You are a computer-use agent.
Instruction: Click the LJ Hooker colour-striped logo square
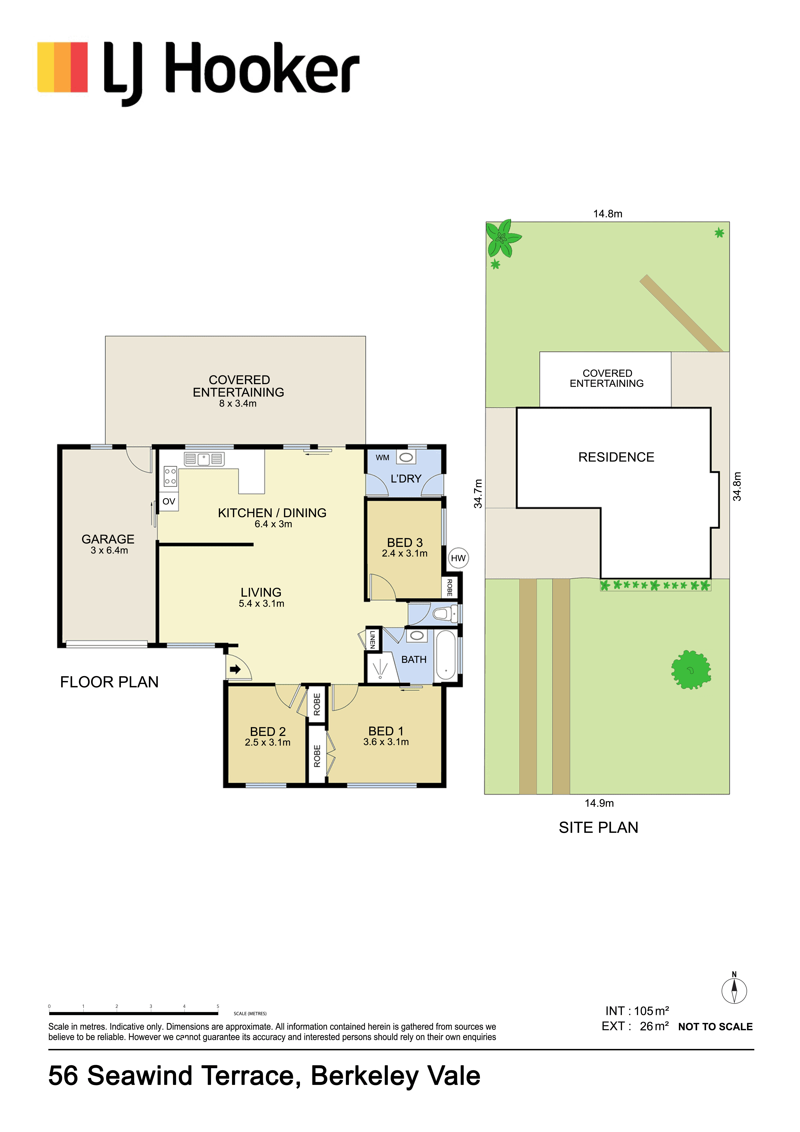pos(63,67)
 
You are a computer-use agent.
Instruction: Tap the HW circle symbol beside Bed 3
pos(458,558)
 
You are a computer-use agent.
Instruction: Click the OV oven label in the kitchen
pos(169,501)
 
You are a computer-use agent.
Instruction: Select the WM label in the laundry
pos(383,458)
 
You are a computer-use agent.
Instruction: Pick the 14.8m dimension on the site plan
pos(608,213)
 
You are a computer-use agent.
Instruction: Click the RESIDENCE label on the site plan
pos(616,457)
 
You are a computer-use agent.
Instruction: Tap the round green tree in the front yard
pos(691,670)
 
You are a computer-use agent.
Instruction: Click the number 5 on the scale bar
pos(218,1006)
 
